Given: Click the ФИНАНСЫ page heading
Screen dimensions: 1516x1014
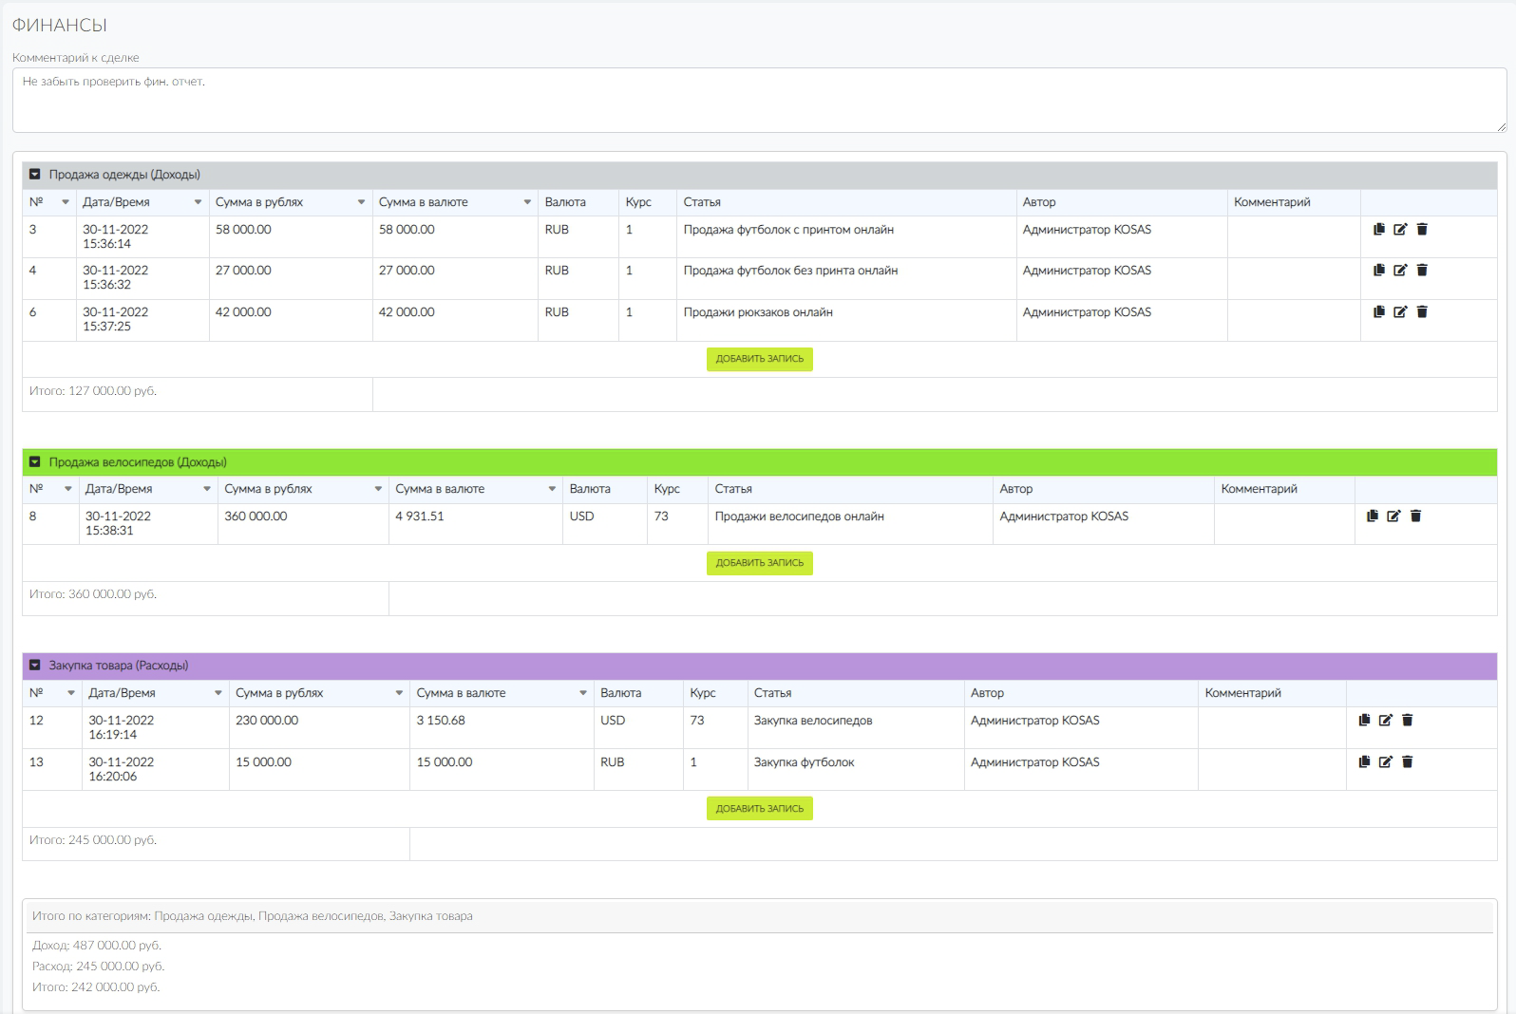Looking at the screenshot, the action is coord(60,25).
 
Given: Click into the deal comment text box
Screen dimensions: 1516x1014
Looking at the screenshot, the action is coord(759,100).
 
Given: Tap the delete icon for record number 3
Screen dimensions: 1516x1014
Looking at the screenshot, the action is coord(1422,230).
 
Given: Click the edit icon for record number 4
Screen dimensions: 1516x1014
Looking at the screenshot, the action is coord(1400,270).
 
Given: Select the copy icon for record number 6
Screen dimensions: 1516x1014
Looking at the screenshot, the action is coord(1378,311).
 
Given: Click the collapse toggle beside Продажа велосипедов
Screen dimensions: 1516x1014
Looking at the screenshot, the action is coord(34,462).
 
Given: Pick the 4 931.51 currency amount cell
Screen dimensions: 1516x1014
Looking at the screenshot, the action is coord(420,516).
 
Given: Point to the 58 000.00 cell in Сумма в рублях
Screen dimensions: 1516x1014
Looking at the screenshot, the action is coord(243,230).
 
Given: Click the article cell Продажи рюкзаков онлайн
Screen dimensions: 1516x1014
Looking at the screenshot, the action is coord(758,311).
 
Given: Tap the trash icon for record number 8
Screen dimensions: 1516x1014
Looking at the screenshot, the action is coord(1415,516).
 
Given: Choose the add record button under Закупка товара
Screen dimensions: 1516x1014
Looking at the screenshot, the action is coord(759,808).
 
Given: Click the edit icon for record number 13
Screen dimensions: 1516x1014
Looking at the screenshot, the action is coord(1385,761).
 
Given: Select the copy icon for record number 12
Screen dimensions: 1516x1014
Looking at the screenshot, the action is coord(1364,720).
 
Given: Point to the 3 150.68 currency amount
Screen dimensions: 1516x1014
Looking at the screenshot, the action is coord(441,721).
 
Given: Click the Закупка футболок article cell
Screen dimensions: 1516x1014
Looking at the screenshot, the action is coord(804,762).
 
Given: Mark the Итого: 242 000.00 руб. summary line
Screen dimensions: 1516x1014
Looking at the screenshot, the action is coord(96,987).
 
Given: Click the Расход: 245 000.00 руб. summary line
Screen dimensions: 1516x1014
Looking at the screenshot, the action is coord(98,966).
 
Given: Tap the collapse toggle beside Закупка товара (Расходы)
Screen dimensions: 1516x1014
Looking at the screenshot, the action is coord(34,665).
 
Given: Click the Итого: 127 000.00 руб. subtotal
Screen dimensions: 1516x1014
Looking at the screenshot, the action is coord(93,391).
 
